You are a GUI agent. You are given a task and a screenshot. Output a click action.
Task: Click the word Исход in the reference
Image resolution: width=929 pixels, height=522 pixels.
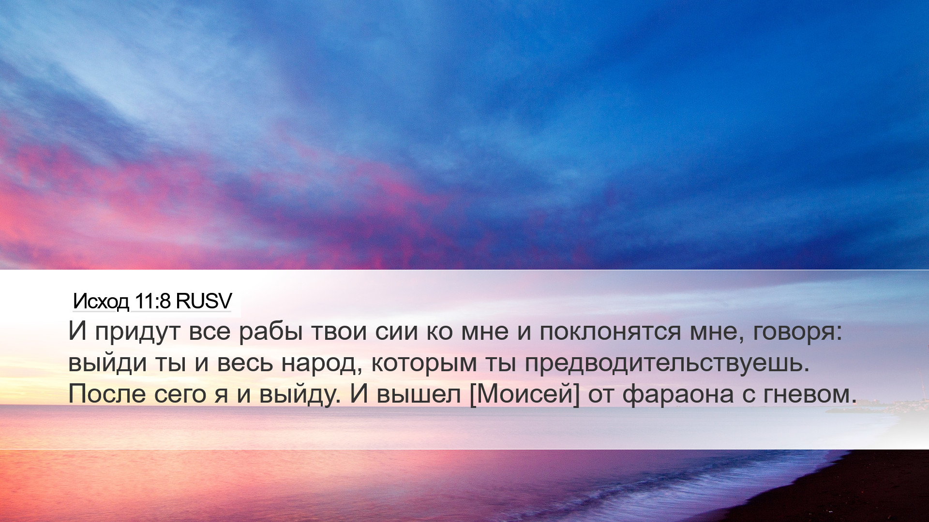pyautogui.click(x=101, y=302)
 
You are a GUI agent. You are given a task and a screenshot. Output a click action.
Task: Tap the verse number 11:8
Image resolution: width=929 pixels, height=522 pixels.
pyautogui.click(x=152, y=301)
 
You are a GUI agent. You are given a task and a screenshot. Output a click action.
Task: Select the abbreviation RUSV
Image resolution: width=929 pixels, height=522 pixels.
pyautogui.click(x=204, y=301)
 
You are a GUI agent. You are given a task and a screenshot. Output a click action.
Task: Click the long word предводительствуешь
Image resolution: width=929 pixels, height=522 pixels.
pyautogui.click(x=667, y=364)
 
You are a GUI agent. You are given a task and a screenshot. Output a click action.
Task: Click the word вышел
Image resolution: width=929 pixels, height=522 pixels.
pyautogui.click(x=419, y=394)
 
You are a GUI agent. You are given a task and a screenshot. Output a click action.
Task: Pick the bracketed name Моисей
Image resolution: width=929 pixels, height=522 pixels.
pyautogui.click(x=524, y=394)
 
